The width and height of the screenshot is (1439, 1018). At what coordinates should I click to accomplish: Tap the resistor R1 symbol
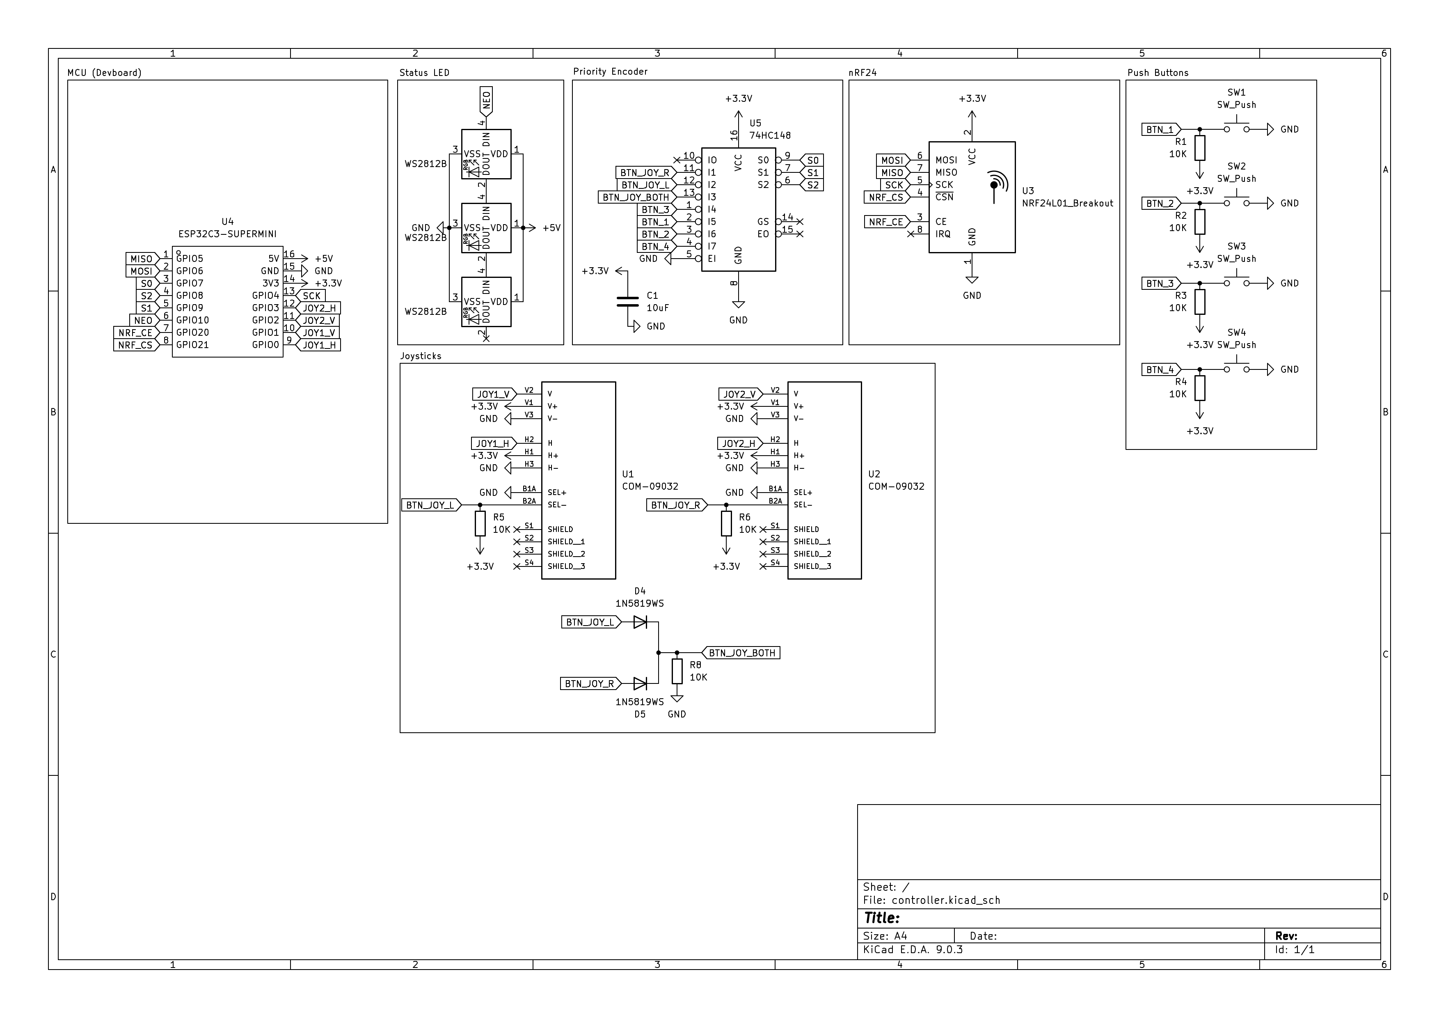1200,149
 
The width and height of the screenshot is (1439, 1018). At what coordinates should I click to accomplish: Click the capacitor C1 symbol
627,302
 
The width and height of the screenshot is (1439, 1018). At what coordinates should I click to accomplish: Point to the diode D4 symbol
640,622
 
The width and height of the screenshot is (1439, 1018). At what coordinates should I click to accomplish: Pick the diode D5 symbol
640,683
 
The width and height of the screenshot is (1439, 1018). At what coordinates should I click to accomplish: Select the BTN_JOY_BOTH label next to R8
741,653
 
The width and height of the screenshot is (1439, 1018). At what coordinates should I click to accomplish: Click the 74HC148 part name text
770,135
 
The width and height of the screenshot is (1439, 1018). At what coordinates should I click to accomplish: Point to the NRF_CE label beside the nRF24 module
885,222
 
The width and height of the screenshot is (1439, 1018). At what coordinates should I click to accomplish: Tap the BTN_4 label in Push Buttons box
1160,370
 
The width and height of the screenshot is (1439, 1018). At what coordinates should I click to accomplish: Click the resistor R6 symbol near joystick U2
726,523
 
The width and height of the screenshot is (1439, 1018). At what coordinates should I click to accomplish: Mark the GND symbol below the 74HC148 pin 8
738,305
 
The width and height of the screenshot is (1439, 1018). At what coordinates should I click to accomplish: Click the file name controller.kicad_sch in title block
946,900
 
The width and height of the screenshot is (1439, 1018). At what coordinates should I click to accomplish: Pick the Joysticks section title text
421,356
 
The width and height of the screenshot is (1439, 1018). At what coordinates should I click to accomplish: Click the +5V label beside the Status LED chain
551,228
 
